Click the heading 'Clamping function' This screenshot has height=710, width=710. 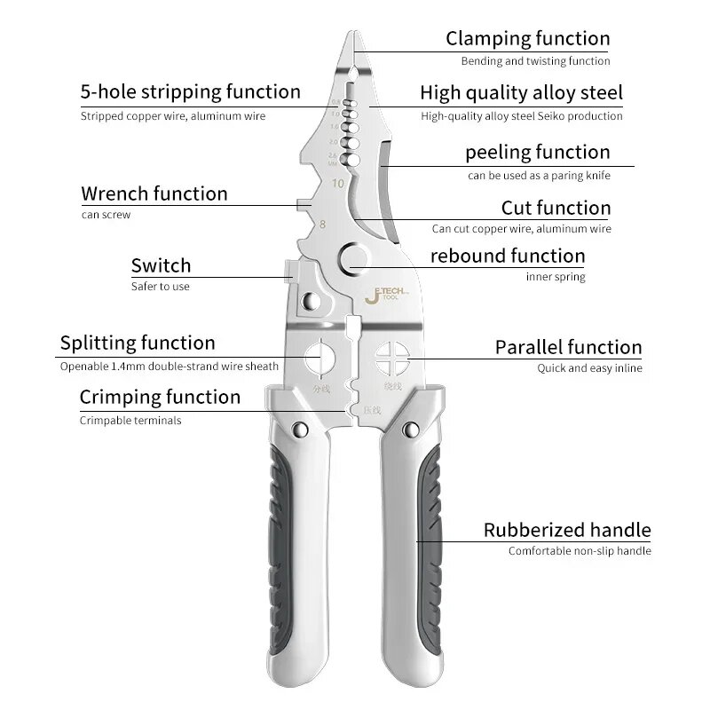click(x=527, y=38)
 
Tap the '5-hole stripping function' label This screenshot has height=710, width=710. click(x=190, y=91)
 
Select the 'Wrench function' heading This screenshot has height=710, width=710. click(x=154, y=193)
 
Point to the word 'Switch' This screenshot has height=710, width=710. click(x=161, y=265)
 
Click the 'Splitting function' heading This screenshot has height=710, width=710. click(x=138, y=343)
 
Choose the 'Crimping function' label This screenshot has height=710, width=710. click(x=160, y=397)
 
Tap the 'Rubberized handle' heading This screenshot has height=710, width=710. click(x=567, y=531)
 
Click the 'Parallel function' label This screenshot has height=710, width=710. click(x=568, y=347)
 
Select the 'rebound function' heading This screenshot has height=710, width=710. click(x=508, y=256)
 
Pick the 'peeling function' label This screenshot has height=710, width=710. click(x=537, y=152)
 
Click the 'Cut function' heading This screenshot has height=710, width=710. click(x=556, y=208)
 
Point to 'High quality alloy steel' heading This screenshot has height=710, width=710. click(x=521, y=92)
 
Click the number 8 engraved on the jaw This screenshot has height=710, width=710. click(x=322, y=225)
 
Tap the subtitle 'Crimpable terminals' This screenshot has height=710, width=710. click(x=130, y=421)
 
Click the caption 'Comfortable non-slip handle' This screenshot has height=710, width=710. click(x=580, y=551)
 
